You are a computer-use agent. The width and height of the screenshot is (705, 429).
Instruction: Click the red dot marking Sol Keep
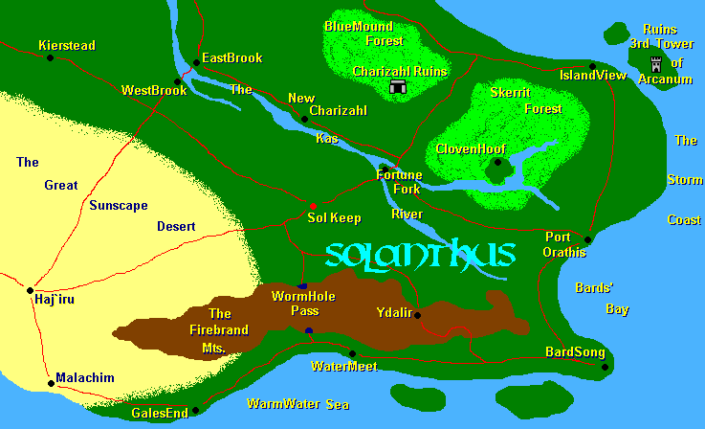[x=313, y=206]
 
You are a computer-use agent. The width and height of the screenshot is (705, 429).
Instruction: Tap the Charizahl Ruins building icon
[x=398, y=88]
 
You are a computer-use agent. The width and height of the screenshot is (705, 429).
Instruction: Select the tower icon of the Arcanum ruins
[x=656, y=64]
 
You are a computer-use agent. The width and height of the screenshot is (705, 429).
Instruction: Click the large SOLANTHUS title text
[x=420, y=255]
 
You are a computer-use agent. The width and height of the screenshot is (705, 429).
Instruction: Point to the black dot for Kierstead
[x=51, y=57]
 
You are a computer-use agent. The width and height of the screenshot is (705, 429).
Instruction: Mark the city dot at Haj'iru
[x=31, y=289]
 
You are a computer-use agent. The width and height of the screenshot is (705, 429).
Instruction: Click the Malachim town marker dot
[x=51, y=384]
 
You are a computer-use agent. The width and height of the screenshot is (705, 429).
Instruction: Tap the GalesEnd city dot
[x=195, y=410]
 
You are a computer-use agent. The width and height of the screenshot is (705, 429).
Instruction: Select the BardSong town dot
[x=605, y=366]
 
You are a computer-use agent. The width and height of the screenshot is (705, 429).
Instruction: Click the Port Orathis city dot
[x=587, y=239]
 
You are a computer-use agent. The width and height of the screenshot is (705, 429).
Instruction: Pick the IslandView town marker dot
[x=592, y=66]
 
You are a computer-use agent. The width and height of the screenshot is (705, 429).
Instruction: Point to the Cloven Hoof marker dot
[x=496, y=163]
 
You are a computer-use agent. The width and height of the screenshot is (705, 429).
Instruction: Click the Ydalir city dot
[x=417, y=315]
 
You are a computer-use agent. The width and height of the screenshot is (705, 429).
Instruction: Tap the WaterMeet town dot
[x=352, y=353]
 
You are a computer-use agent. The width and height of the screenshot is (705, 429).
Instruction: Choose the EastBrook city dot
[x=196, y=63]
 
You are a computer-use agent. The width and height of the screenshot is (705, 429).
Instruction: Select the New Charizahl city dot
[x=304, y=120]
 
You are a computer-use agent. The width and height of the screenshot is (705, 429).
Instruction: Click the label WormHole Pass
[x=303, y=304]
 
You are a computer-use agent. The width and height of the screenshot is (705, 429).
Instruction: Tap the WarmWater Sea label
[x=297, y=404]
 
